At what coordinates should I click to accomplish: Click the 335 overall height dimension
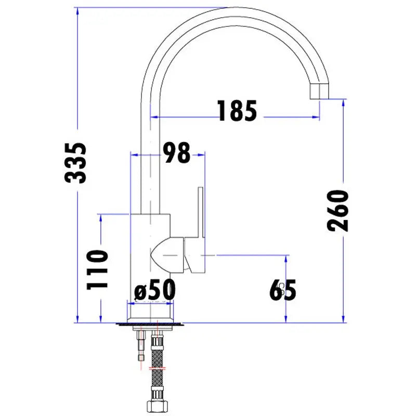76,163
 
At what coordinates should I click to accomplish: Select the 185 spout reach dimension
237,111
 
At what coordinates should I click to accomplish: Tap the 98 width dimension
176,152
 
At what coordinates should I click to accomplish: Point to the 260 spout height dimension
337,211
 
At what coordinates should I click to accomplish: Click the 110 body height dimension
98,269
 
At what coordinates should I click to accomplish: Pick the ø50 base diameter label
154,290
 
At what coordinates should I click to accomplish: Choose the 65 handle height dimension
282,290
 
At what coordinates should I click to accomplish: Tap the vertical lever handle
201,212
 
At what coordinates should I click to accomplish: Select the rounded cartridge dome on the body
167,255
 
